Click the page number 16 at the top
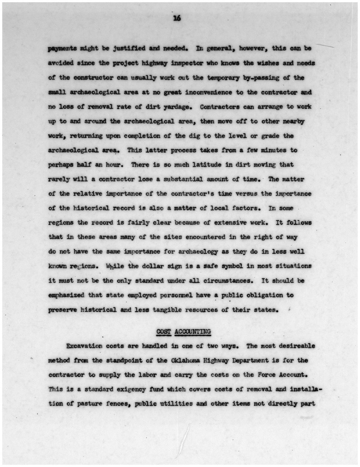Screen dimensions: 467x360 tap(177, 18)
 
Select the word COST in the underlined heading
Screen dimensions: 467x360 tap(164, 331)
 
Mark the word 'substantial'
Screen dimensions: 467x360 tap(183, 179)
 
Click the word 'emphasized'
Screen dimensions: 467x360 tap(66, 295)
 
